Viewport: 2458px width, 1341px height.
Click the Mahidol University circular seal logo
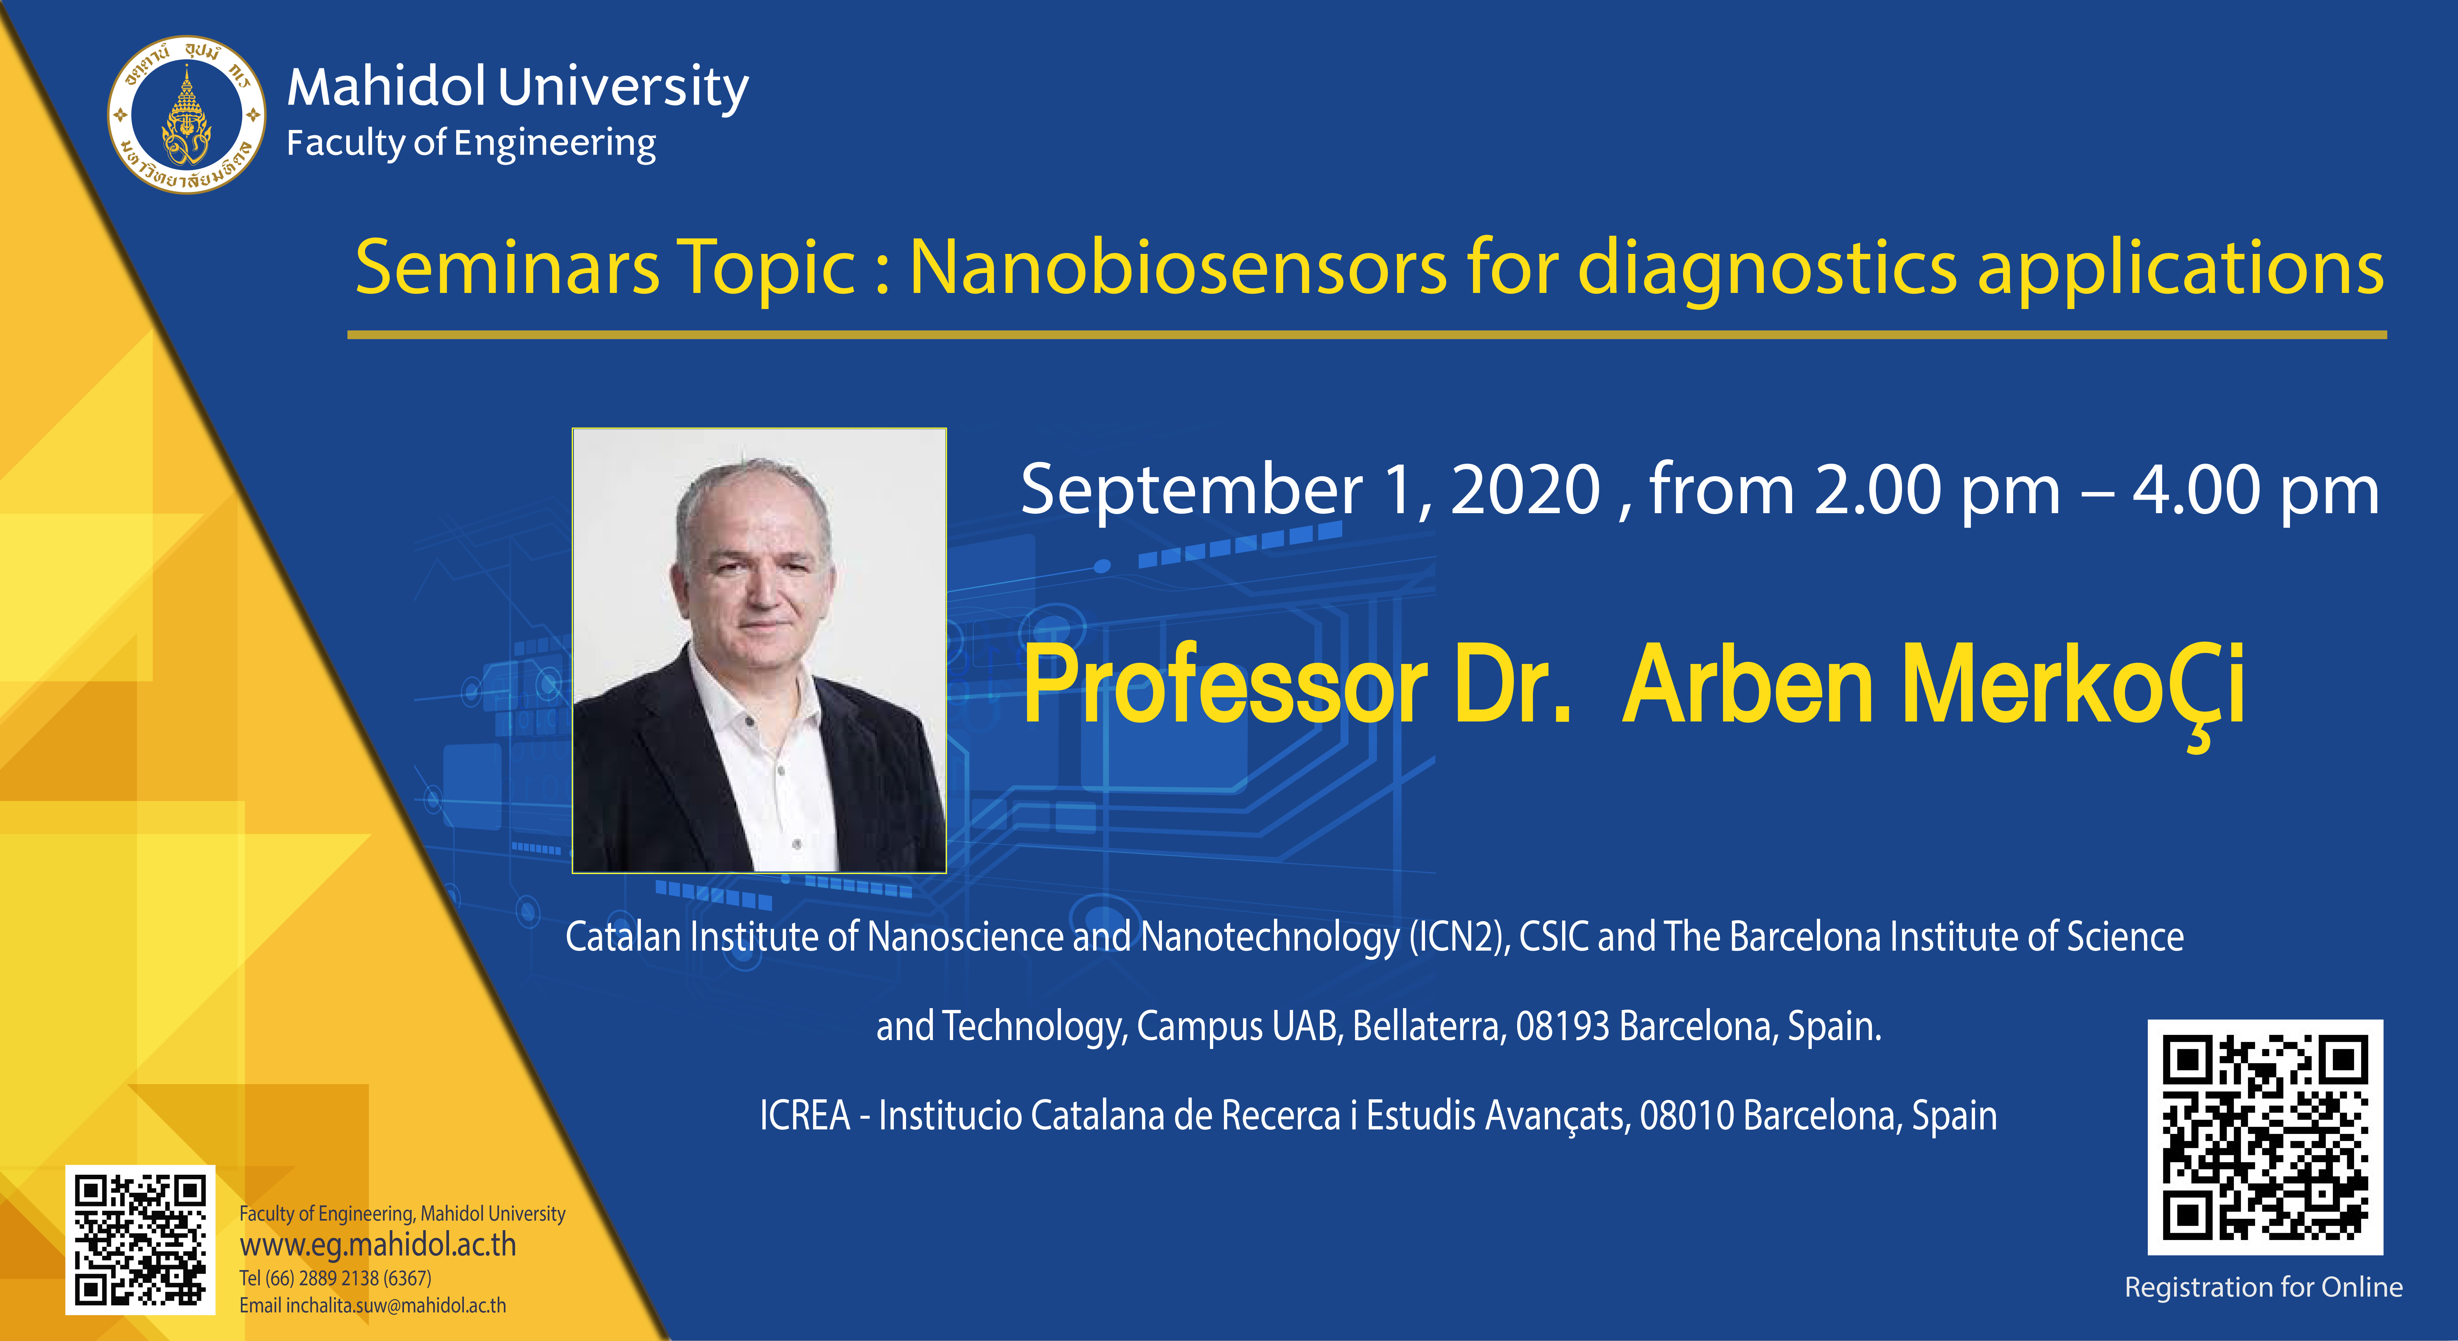pos(187,114)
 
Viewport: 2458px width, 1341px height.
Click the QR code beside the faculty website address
pos(140,1239)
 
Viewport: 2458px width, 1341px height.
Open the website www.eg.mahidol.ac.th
pos(378,1246)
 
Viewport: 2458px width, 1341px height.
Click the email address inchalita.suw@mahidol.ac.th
pos(396,1306)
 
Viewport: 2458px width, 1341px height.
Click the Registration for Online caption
pos(2263,1288)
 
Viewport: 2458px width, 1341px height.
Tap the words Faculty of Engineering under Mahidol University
pos(471,143)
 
